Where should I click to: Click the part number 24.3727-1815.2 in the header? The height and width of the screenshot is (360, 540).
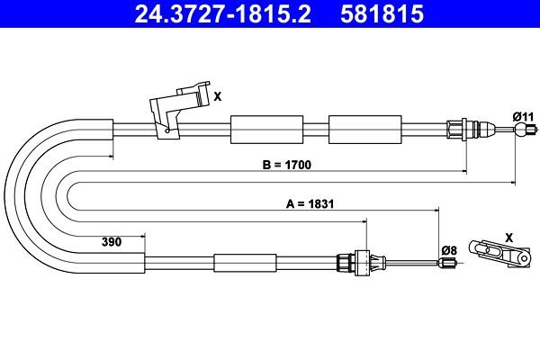coord(222,14)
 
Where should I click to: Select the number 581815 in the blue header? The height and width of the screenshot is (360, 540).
coord(382,14)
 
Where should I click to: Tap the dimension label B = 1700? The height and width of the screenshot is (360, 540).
coord(286,165)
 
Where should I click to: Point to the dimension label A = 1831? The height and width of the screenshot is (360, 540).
coord(310,204)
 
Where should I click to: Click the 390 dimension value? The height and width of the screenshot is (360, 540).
coord(112,242)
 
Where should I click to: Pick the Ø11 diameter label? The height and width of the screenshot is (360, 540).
coord(523,116)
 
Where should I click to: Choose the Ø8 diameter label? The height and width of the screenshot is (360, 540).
coord(449,250)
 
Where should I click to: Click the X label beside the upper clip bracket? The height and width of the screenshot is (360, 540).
coord(217,97)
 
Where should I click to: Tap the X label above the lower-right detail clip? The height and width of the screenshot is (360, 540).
coord(509,238)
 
